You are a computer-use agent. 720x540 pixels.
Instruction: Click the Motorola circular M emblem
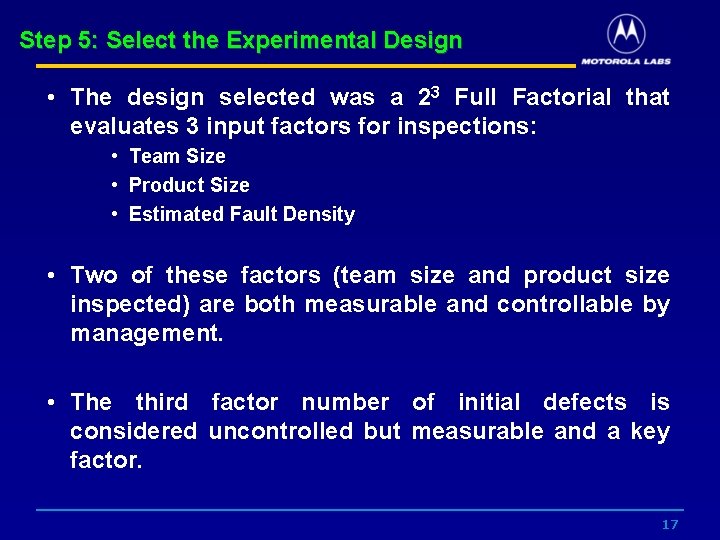tap(626, 34)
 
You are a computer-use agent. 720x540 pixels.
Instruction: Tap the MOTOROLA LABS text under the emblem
tap(626, 60)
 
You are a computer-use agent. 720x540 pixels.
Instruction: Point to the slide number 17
tap(670, 525)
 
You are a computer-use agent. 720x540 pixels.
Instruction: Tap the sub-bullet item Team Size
tap(177, 156)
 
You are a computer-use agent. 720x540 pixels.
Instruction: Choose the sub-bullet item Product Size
tap(189, 185)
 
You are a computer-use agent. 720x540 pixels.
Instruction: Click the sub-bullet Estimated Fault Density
tap(241, 214)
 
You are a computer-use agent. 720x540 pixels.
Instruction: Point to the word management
tap(146, 333)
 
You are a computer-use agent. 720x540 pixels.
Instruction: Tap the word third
tap(161, 402)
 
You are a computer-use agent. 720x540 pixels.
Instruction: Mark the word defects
tap(584, 402)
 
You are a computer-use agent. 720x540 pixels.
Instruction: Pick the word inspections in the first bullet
tap(466, 127)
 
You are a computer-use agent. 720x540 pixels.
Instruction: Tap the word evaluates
tap(131, 127)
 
